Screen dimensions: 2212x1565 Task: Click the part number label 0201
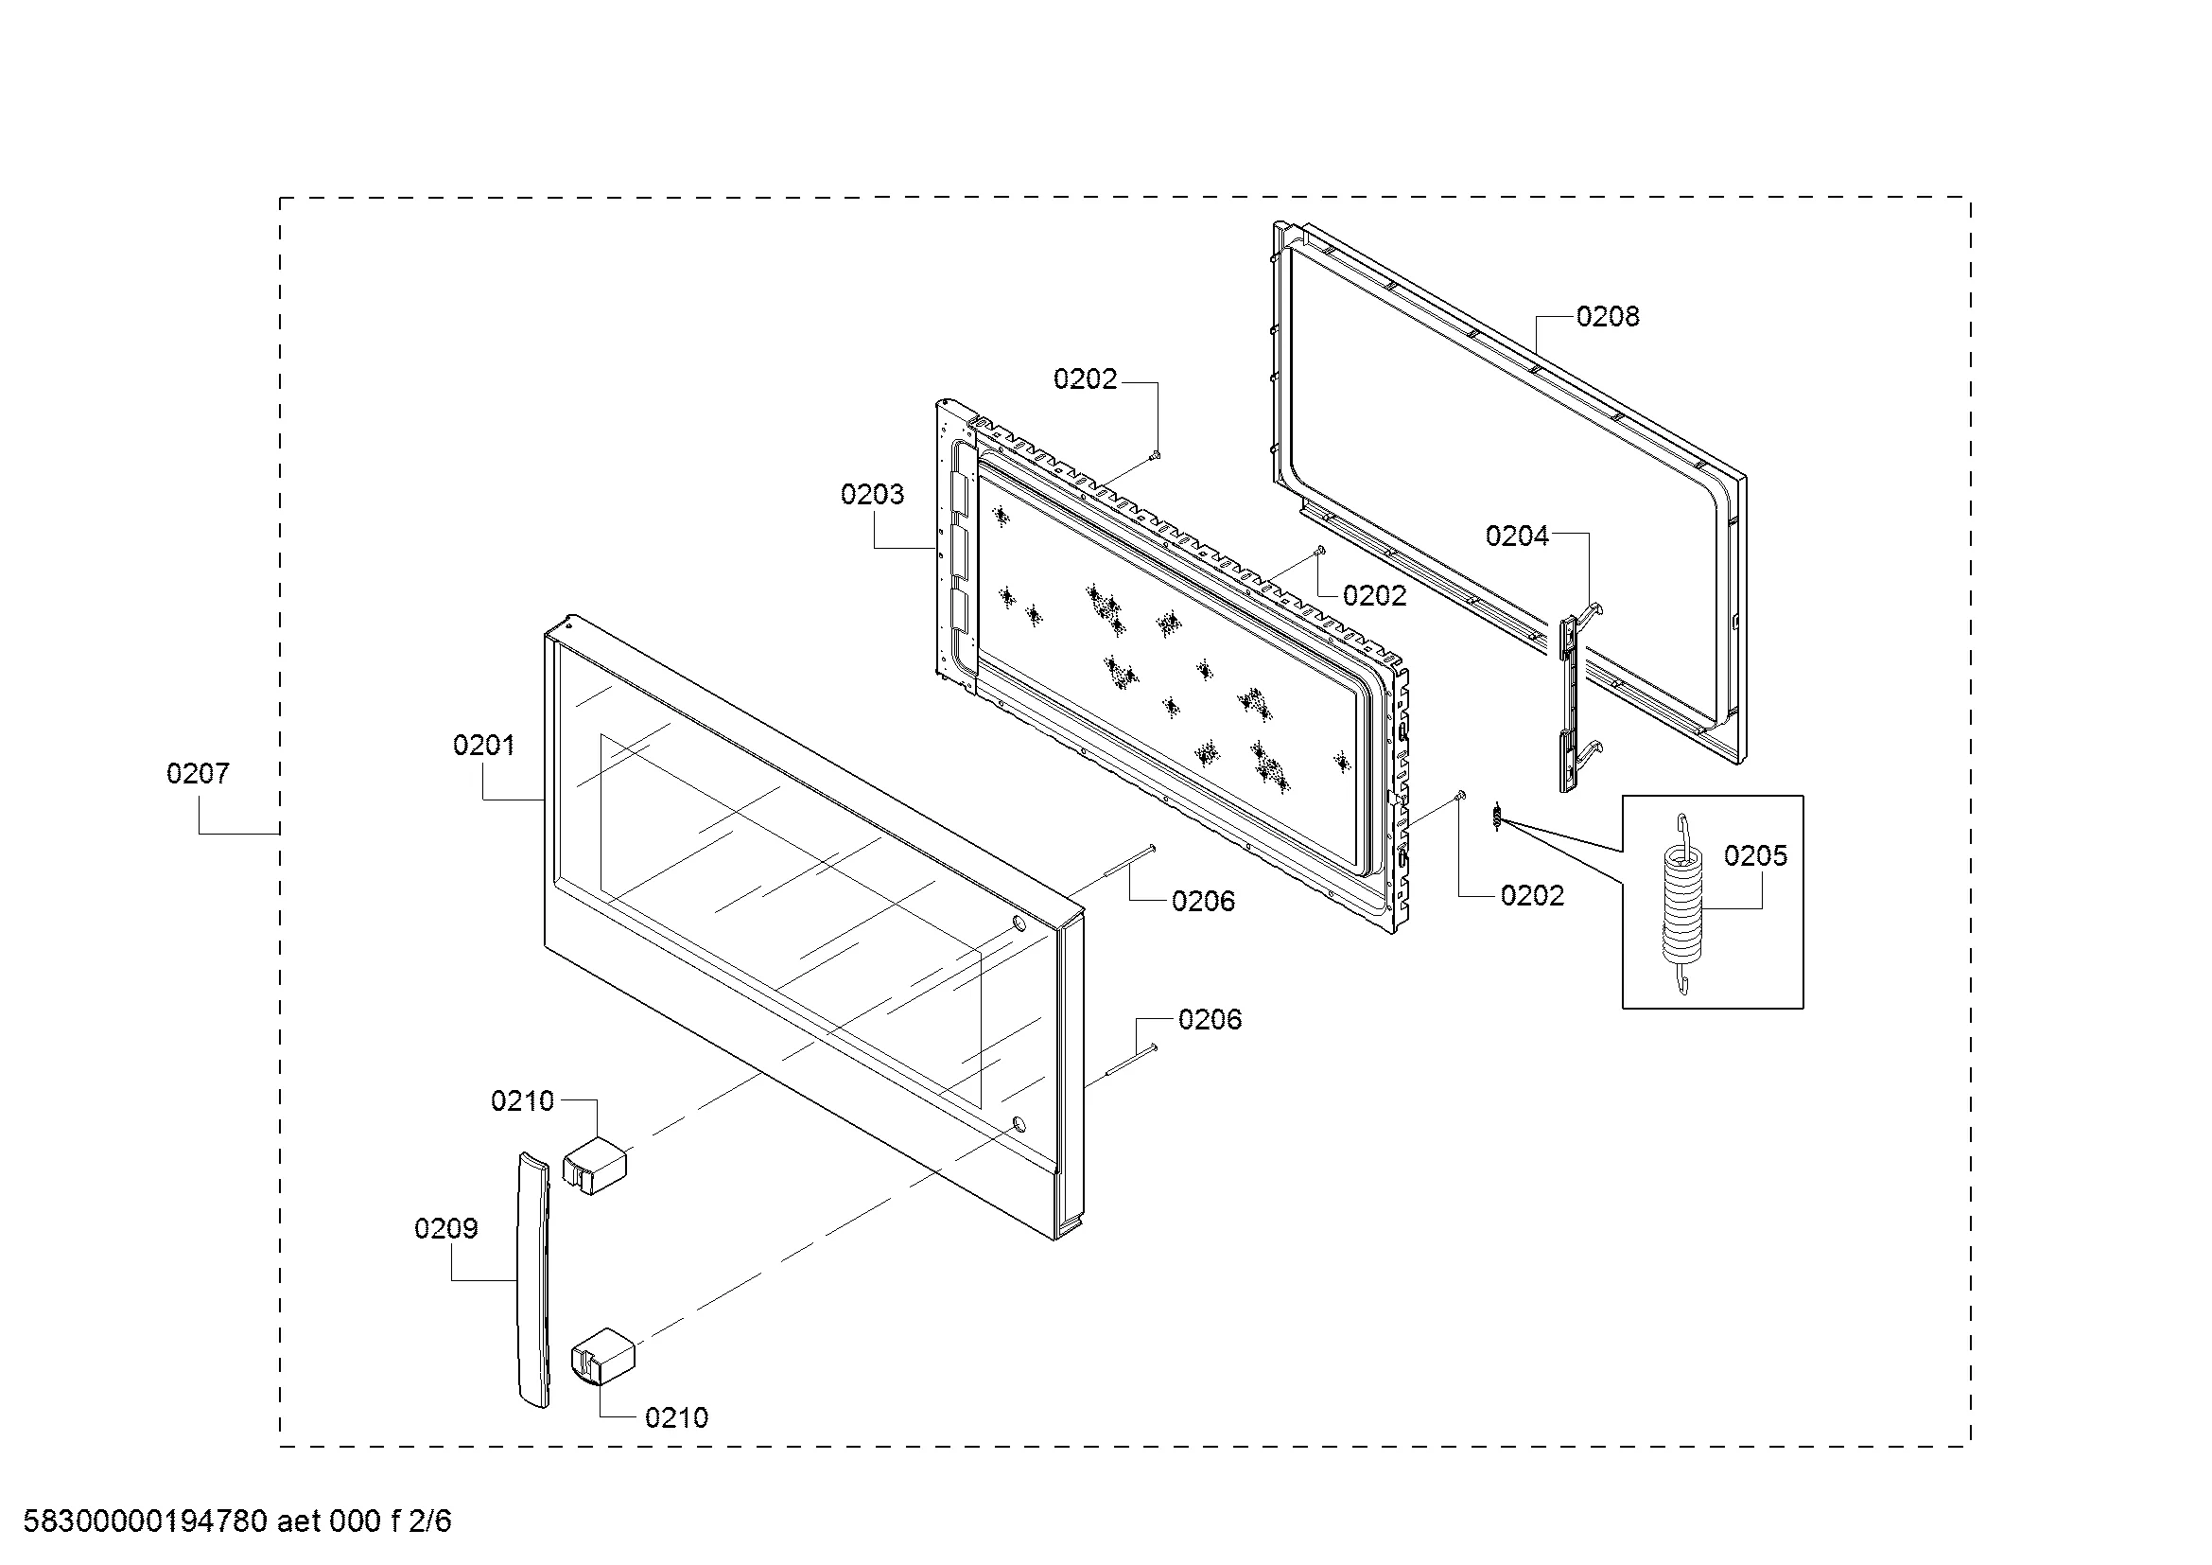coord(483,745)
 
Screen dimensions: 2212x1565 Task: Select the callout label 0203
coord(872,494)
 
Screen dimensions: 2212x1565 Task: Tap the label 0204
coord(1516,536)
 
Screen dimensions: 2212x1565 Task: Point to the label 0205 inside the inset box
coord(1755,855)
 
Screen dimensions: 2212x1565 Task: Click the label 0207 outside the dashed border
coord(198,773)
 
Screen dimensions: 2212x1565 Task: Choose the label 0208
coord(1607,316)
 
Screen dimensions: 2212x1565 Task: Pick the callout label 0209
coord(446,1229)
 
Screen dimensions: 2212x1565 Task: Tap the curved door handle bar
coord(533,1280)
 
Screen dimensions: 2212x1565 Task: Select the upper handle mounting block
coord(595,1165)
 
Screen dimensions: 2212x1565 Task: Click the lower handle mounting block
coord(604,1356)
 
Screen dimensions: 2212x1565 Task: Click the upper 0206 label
coord(1203,901)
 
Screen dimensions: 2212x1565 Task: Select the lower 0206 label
coord(1211,1020)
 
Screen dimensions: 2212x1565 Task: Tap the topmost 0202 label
coord(1085,379)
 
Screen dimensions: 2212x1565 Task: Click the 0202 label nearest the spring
coord(1532,896)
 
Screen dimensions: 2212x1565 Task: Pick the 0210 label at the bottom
coord(676,1417)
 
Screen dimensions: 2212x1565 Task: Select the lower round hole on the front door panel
coord(1019,1124)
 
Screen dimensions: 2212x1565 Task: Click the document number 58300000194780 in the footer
coord(146,1521)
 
